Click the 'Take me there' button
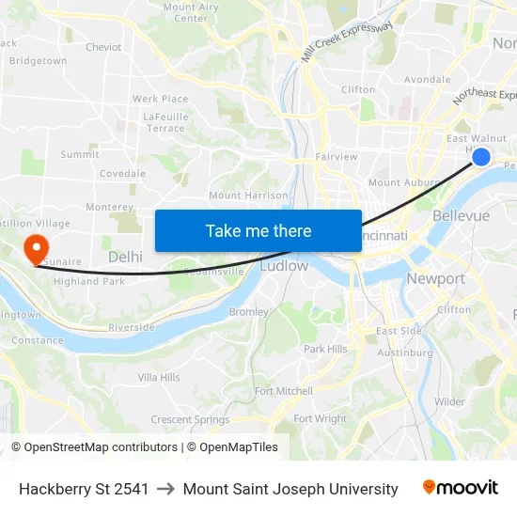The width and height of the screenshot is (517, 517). tap(258, 230)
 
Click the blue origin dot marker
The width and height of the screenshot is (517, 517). tap(480, 157)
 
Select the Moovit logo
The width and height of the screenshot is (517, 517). tap(460, 488)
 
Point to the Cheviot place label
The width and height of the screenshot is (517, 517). tap(103, 47)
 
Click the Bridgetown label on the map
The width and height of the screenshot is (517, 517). tap(38, 61)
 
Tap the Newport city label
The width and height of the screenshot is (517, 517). tap(435, 279)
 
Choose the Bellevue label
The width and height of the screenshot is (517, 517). tap(461, 216)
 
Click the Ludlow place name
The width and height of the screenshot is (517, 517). tap(283, 266)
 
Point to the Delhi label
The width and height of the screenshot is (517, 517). tap(125, 257)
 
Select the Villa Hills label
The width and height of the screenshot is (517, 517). tap(159, 378)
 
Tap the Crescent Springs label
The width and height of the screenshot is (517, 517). tap(190, 420)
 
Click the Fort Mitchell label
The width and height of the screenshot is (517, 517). tap(283, 391)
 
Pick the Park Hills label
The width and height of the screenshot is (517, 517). tap(325, 349)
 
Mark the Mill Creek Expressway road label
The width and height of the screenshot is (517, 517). tap(347, 42)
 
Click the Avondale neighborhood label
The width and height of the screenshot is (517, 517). tap(427, 80)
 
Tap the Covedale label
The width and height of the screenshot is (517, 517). tap(122, 174)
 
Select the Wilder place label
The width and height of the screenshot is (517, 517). tap(449, 401)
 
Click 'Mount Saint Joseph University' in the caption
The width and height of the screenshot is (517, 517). tap(290, 489)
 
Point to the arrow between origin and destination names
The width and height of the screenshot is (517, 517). tap(165, 489)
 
